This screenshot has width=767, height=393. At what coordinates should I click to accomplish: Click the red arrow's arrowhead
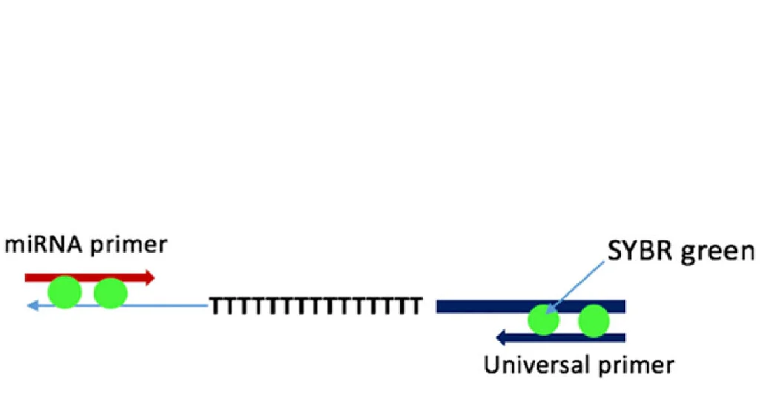tap(150, 278)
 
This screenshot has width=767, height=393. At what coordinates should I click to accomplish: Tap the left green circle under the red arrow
tap(65, 292)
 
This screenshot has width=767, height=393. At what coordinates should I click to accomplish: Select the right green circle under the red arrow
tap(111, 293)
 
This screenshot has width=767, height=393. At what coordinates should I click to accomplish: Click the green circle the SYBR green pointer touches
tap(544, 320)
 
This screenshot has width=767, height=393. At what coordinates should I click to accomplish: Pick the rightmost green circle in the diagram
tap(593, 321)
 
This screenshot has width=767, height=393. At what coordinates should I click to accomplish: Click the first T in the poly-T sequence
tap(214, 306)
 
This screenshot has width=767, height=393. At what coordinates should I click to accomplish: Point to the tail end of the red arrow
tap(28, 278)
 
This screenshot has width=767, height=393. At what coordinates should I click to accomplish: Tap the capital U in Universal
tap(491, 364)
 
